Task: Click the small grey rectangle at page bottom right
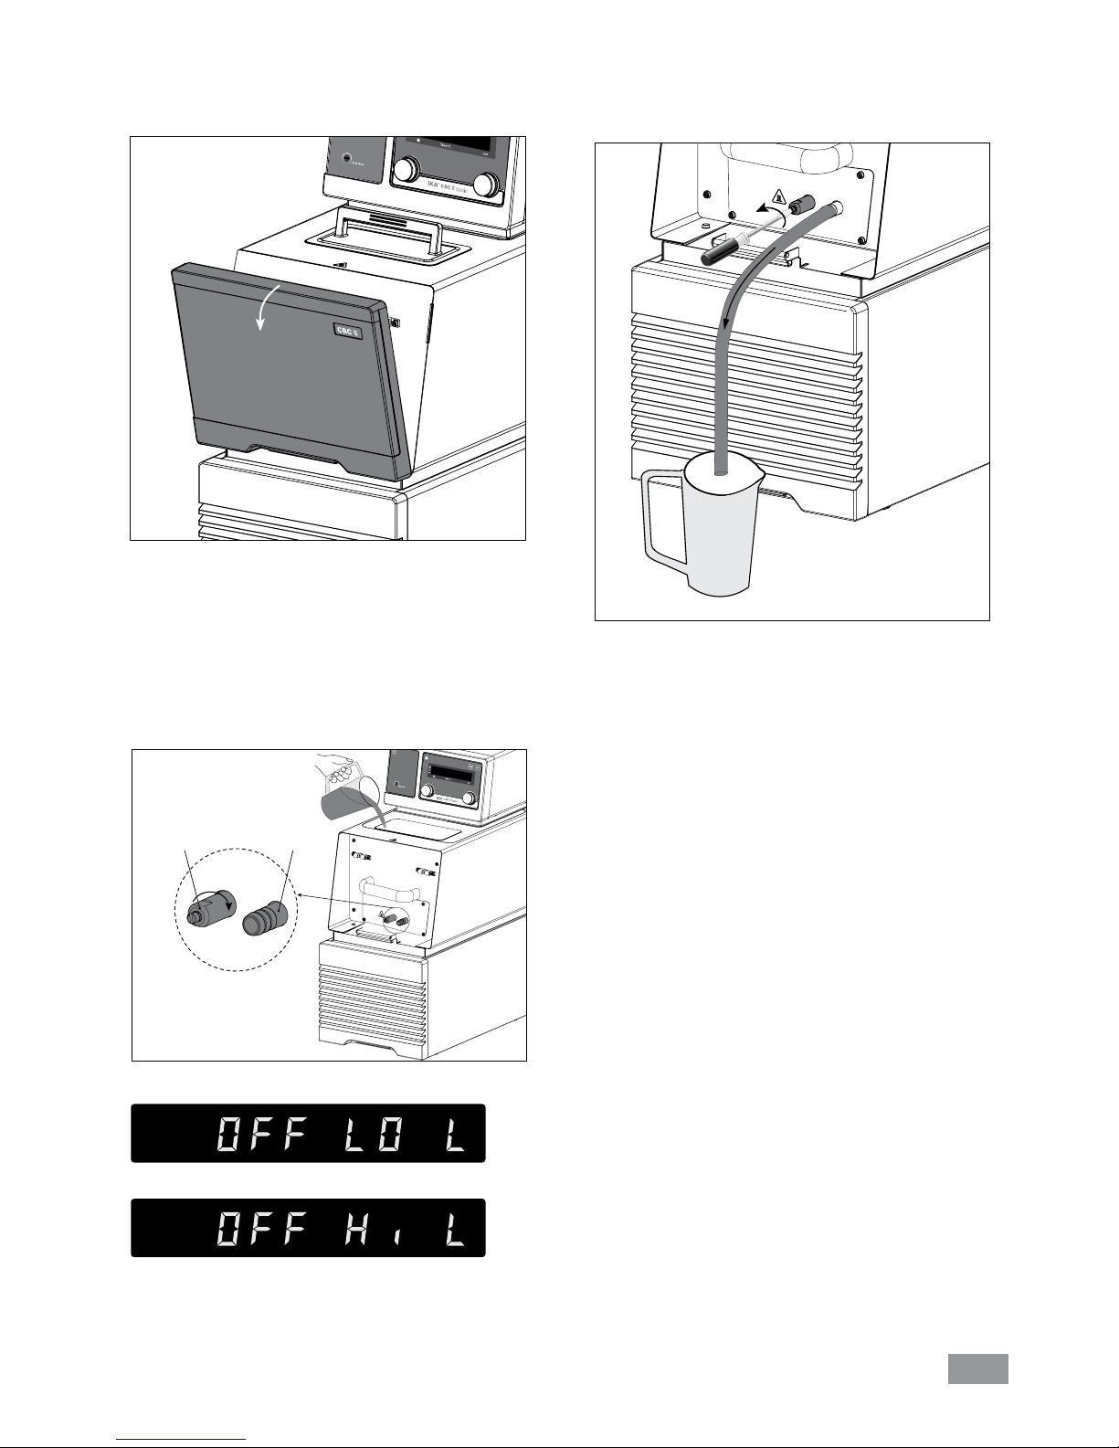tap(976, 1369)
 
